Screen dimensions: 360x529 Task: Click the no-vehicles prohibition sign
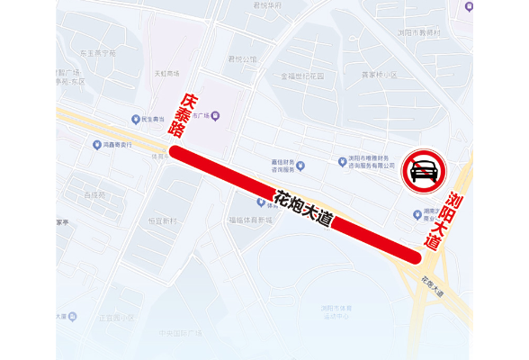(x=424, y=170)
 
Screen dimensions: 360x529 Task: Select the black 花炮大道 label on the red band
(x=303, y=207)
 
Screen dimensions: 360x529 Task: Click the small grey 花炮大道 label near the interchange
(x=431, y=286)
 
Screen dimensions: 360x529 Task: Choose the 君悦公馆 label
(x=242, y=59)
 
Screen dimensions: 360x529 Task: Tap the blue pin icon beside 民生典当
(x=136, y=119)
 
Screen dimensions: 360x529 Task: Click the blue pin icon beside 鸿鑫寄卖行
(x=97, y=144)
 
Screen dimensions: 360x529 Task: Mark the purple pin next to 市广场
(x=216, y=116)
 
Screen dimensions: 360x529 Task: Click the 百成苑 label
(x=94, y=194)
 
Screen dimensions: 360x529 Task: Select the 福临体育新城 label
(x=250, y=220)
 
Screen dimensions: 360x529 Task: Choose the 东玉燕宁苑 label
(x=98, y=53)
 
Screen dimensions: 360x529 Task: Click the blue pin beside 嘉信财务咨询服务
(x=300, y=166)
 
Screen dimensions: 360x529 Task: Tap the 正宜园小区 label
(x=116, y=318)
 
